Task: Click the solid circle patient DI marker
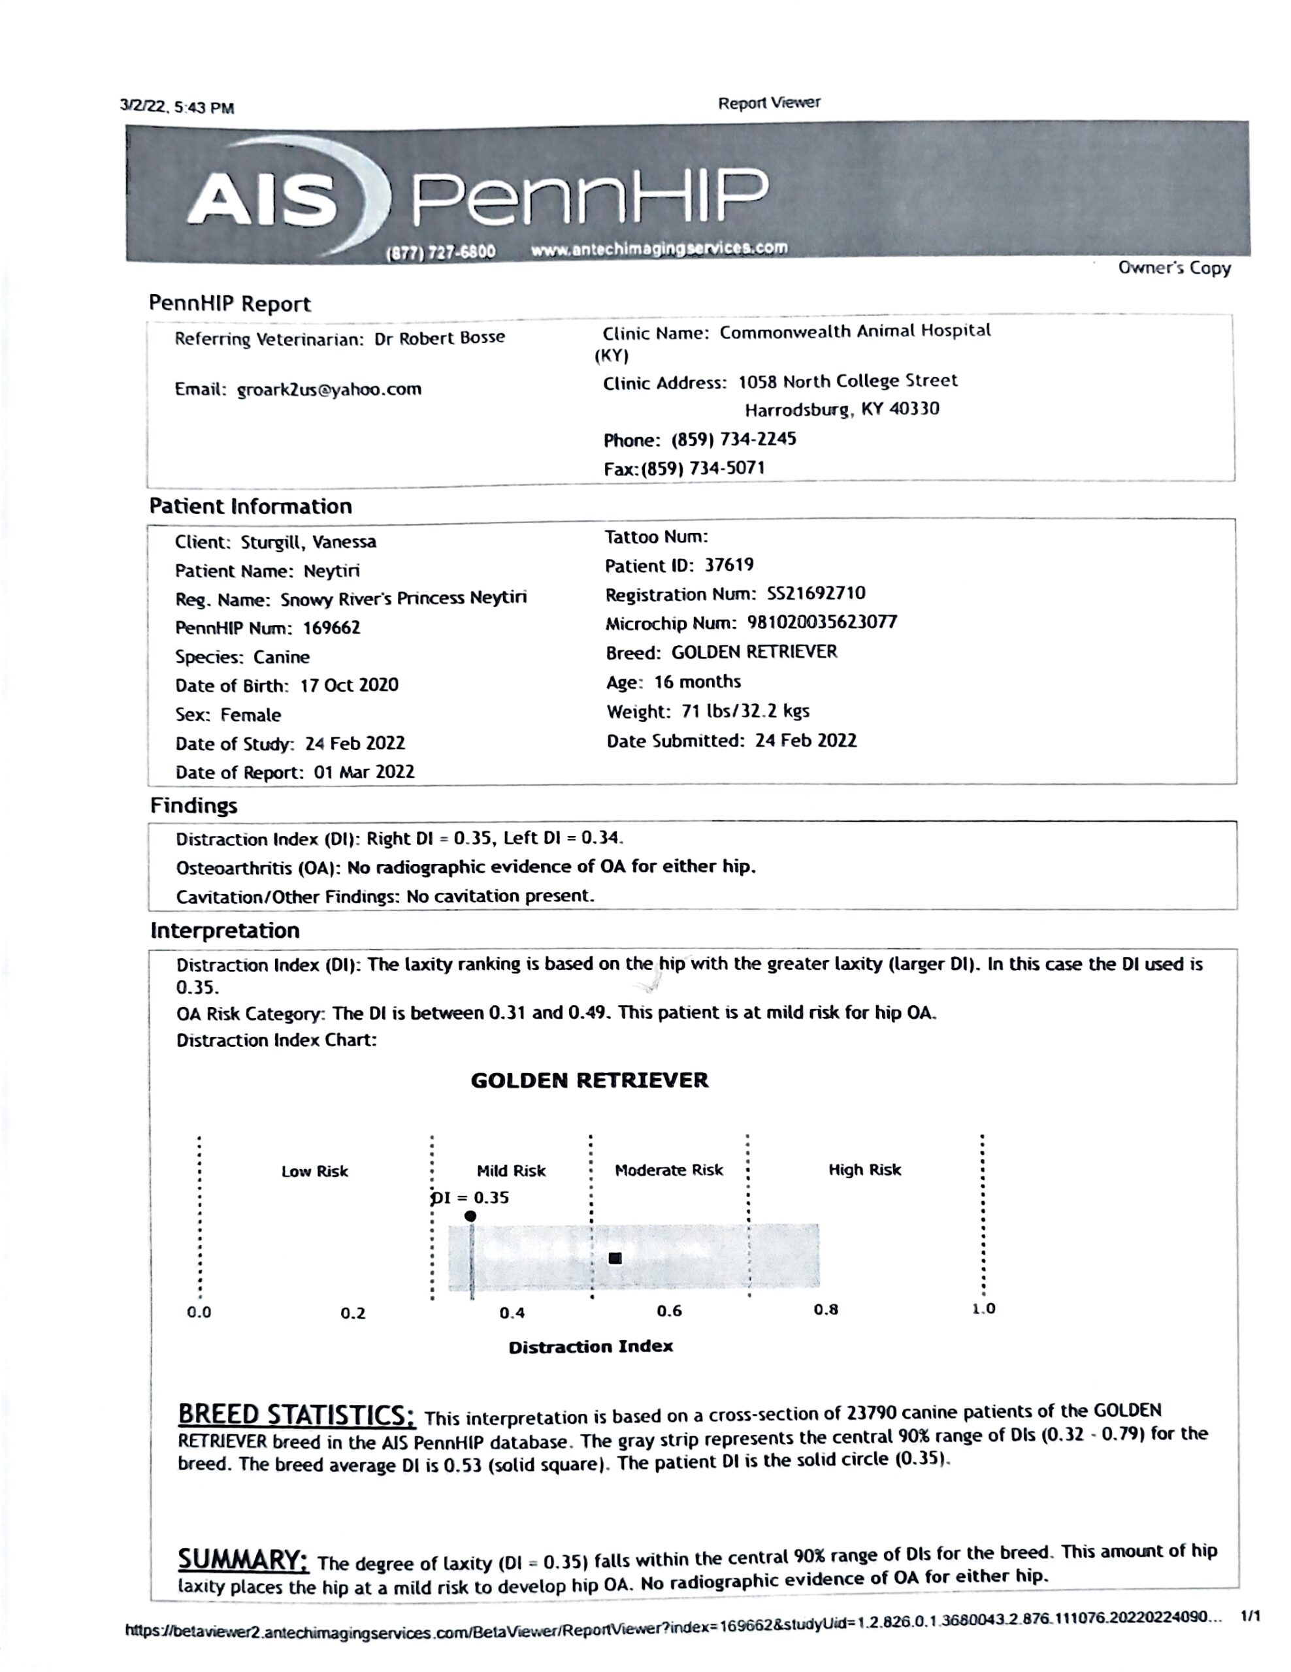470,1215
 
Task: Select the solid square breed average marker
615,1258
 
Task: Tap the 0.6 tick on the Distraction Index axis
668,1311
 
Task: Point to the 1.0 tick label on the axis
983,1308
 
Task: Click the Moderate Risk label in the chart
668,1170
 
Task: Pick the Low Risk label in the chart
314,1171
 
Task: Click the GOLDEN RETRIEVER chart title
589,1080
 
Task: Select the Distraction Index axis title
591,1347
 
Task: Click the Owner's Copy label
1174,268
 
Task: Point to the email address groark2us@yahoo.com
329,389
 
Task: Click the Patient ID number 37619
729,565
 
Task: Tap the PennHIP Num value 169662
331,628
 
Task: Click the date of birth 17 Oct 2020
349,685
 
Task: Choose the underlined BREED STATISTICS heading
297,1415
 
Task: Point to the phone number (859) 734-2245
734,440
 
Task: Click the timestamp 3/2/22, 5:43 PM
177,107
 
